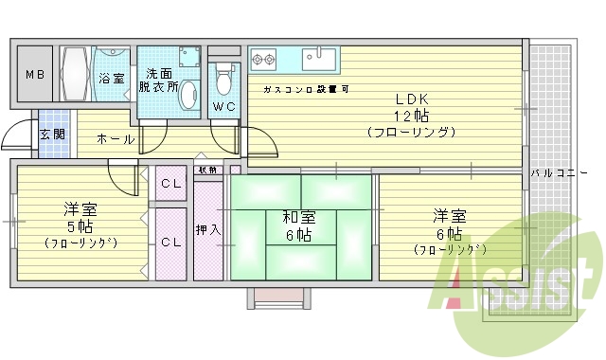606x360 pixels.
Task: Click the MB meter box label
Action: [x=34, y=75]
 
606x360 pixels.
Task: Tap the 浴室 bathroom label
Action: [x=112, y=79]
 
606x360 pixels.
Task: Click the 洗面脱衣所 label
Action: [x=158, y=80]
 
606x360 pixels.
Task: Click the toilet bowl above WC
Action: [x=224, y=75]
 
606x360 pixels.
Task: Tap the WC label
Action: [x=224, y=106]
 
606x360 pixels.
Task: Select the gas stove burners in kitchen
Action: [x=263, y=61]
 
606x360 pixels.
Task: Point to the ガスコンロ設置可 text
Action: [x=306, y=89]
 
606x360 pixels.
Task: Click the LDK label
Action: [x=413, y=98]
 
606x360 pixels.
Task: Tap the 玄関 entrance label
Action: [x=52, y=135]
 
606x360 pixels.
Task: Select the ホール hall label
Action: [x=116, y=139]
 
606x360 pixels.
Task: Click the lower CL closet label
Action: [x=171, y=243]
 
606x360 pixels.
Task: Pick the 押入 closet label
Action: [x=207, y=229]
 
